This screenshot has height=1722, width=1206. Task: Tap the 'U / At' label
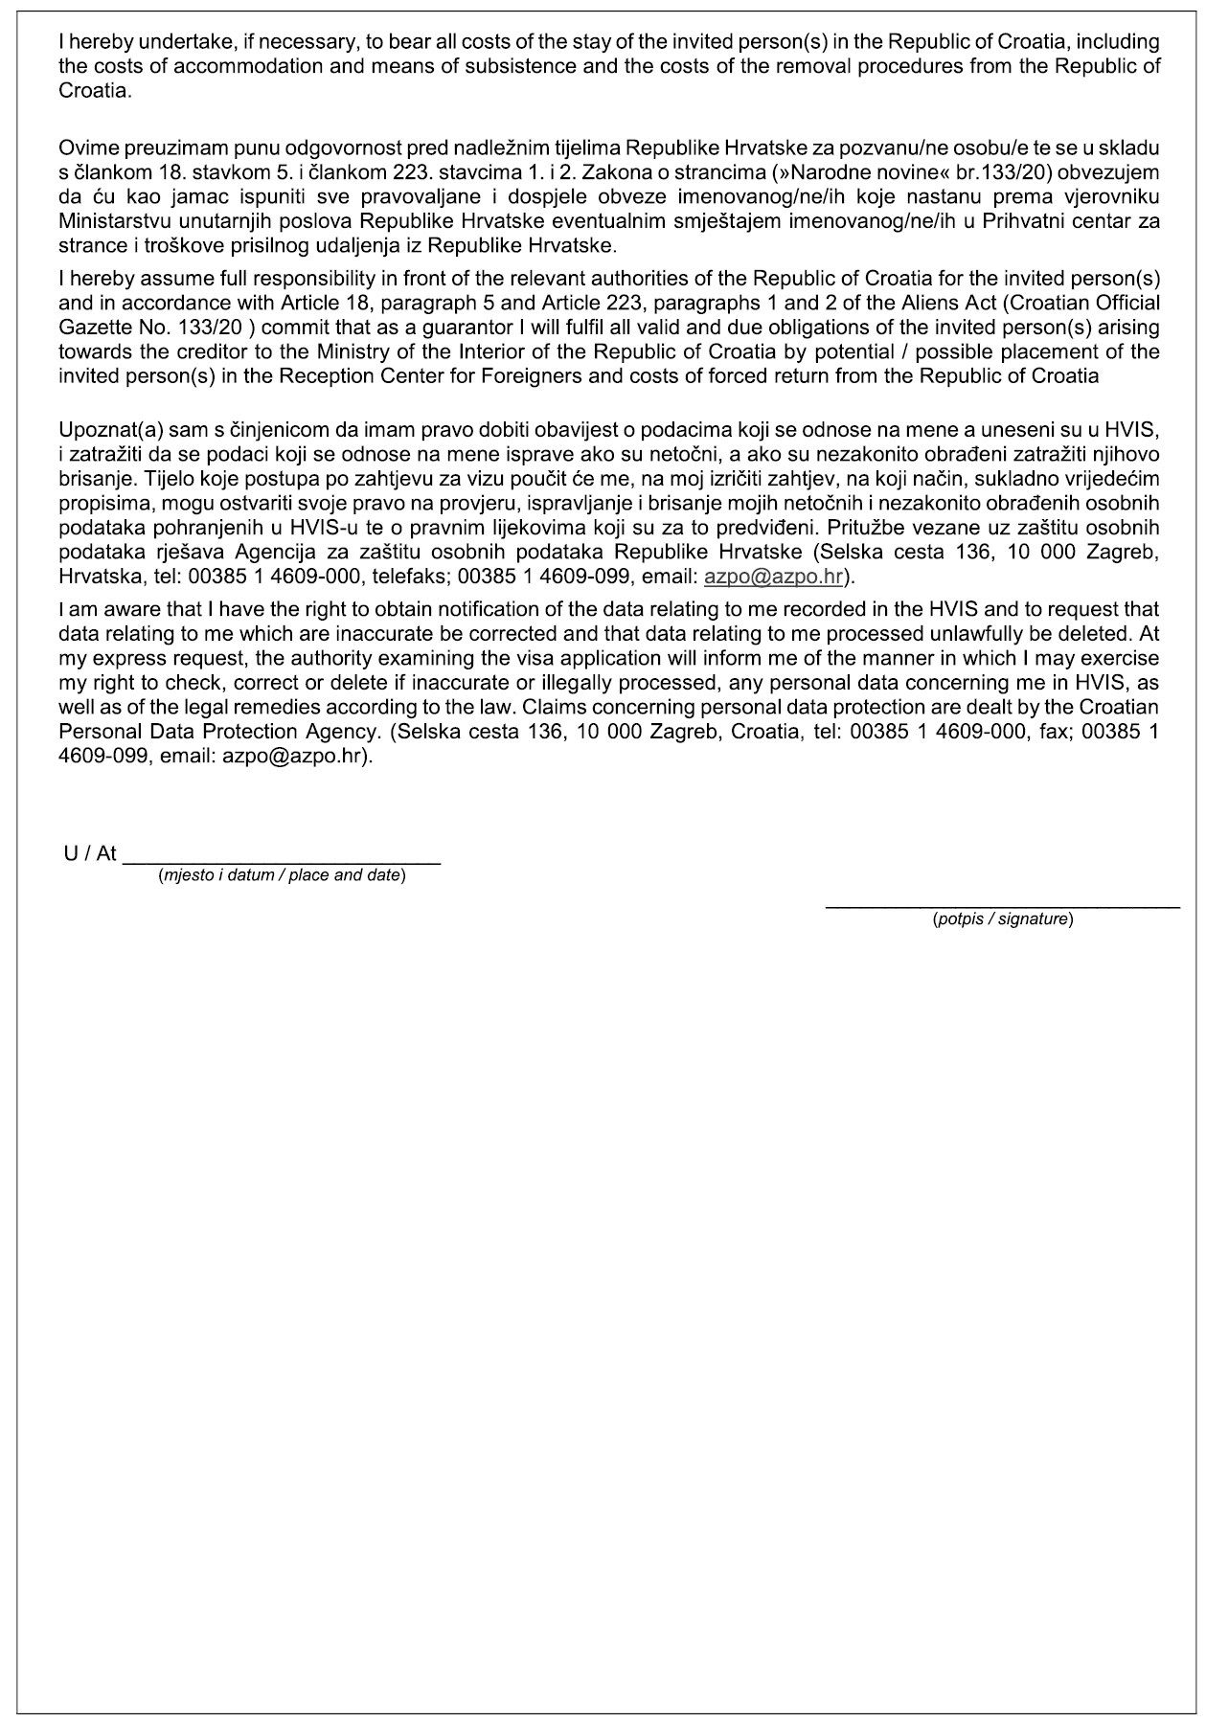pyautogui.click(x=90, y=853)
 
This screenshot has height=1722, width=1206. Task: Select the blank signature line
pyautogui.click(x=1002, y=905)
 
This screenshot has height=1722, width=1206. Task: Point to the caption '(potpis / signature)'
pyautogui.click(x=1002, y=919)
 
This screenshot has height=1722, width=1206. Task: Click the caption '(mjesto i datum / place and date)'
pyautogui.click(x=282, y=875)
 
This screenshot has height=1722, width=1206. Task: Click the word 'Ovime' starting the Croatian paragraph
pyautogui.click(x=84, y=148)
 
